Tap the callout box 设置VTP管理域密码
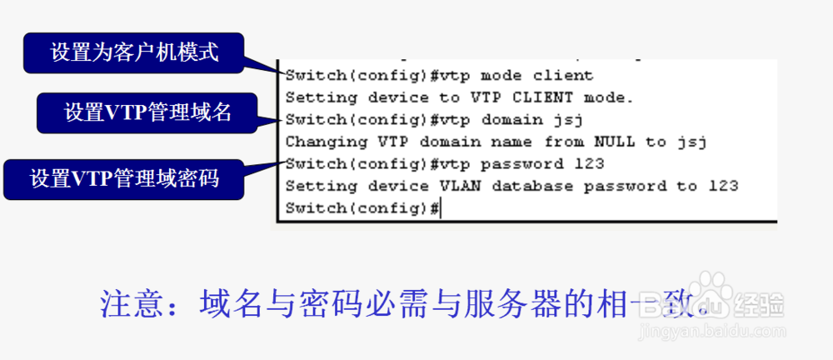pos(125,179)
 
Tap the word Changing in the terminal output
pos(317,142)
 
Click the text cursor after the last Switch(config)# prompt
pos(441,208)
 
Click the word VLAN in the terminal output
pos(463,186)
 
